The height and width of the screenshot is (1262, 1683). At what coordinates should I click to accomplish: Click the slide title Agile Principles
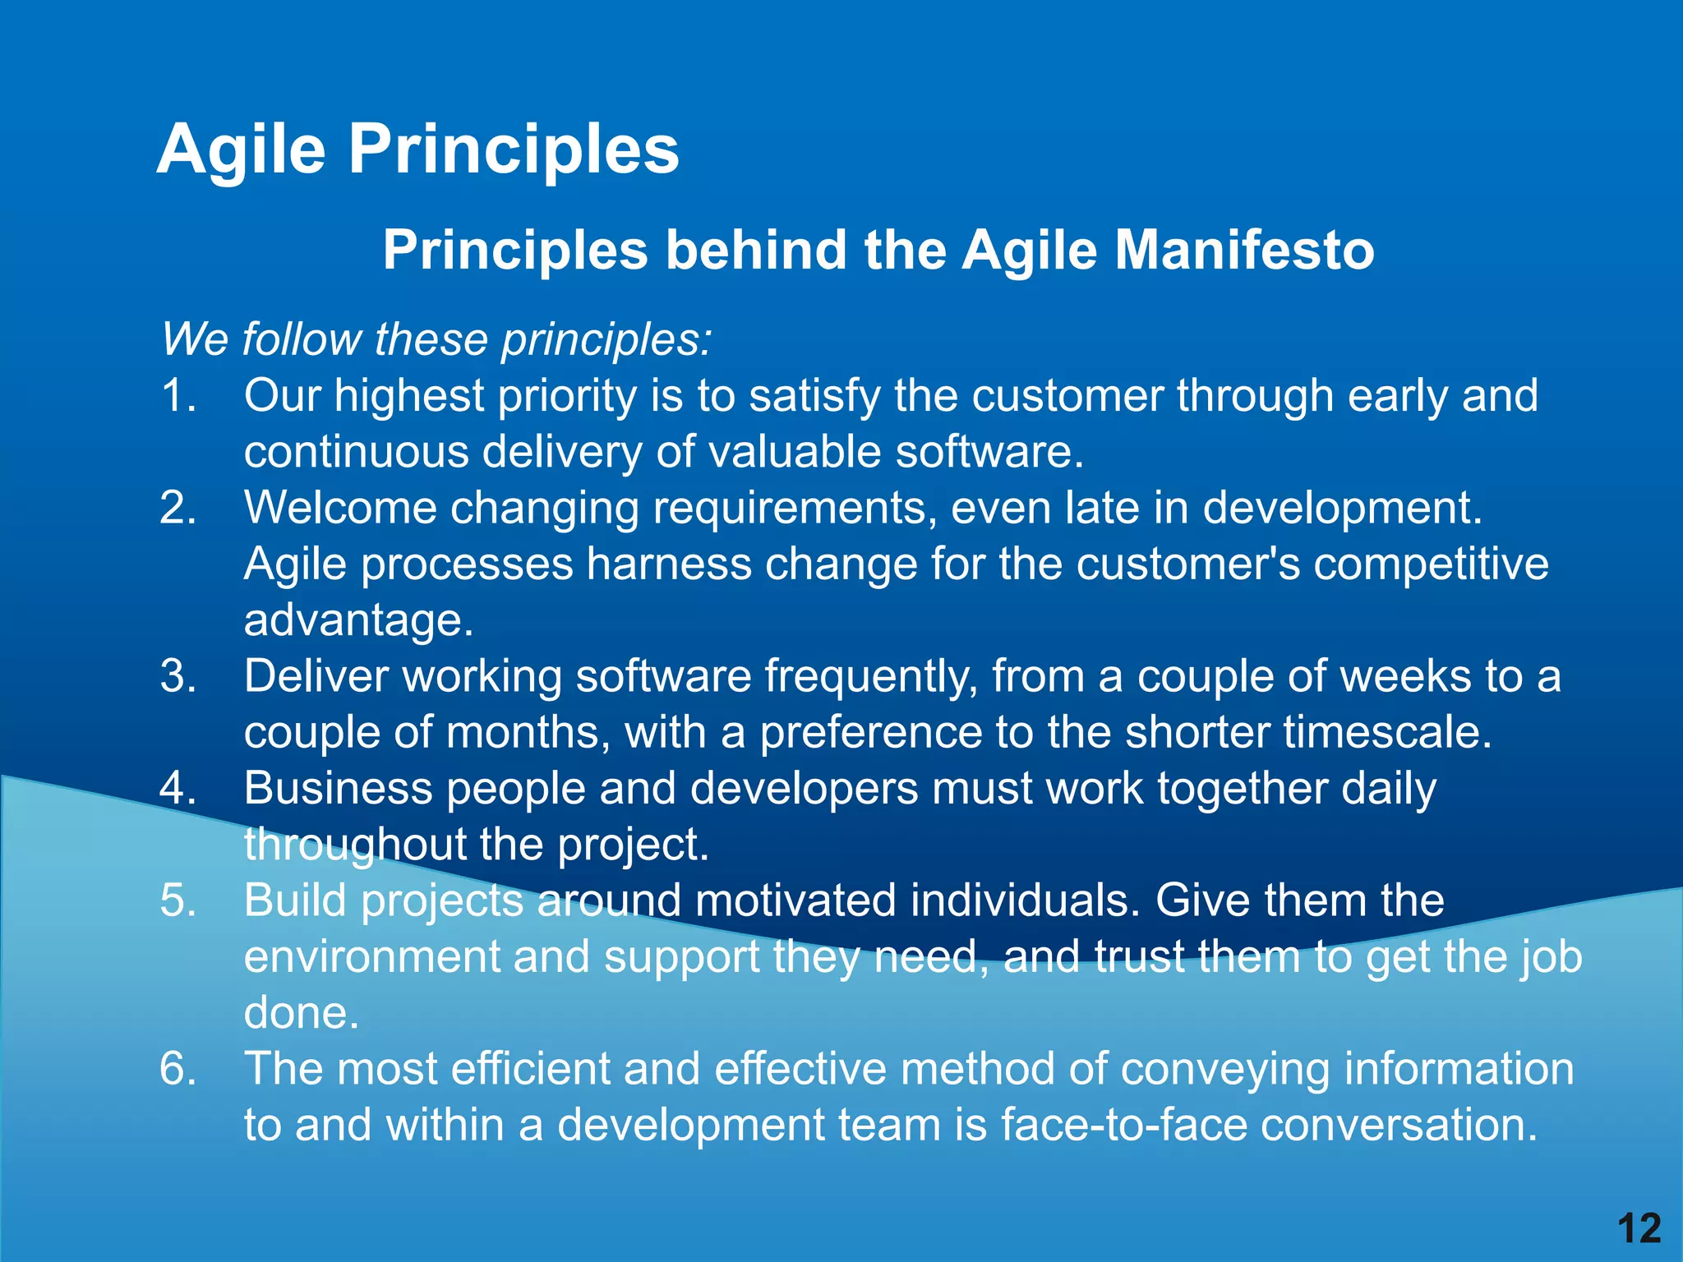417,150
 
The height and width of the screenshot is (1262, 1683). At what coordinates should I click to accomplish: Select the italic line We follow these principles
436,339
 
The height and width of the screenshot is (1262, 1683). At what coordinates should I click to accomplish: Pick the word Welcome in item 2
340,508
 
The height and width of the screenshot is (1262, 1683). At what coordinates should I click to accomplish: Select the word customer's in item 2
1188,564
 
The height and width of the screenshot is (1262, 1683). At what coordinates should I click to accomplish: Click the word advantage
358,620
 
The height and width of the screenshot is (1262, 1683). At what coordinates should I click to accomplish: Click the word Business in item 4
338,789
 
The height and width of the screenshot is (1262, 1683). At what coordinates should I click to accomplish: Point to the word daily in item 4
1389,789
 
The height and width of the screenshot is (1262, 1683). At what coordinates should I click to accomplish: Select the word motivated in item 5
795,900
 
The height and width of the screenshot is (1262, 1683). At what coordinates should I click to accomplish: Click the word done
302,1013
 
